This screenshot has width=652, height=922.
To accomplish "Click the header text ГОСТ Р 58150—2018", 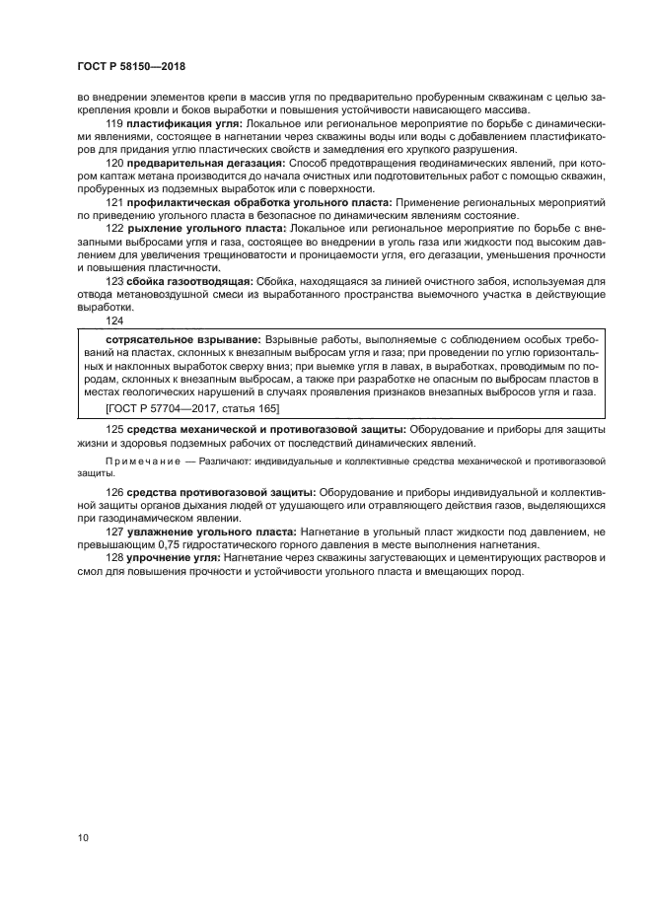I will pos(130,66).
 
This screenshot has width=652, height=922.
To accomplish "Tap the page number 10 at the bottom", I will pos(84,837).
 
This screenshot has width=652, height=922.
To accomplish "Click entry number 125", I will pos(114,430).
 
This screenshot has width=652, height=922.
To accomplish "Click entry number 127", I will pos(114,532).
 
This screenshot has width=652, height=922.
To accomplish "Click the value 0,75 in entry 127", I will pos(171,544).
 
